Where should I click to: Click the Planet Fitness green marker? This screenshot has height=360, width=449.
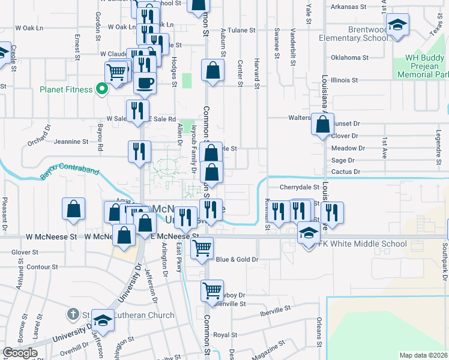pos(102,89)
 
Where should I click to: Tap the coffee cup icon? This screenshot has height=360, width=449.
pos(144,82)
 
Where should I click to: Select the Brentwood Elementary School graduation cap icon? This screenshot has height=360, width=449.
pos(396,26)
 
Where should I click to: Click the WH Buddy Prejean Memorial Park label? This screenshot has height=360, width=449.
pos(418,66)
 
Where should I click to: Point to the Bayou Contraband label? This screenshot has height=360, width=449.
pos(69,172)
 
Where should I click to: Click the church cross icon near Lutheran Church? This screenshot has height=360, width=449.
pos(73,314)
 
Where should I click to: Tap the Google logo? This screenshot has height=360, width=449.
pos(19,353)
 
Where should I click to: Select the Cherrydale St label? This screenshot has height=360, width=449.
pos(298,187)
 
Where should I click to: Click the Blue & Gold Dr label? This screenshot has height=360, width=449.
pos(237,259)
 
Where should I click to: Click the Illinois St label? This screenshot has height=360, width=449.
pos(343,79)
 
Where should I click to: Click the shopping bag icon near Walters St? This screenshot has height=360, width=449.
pos(322,124)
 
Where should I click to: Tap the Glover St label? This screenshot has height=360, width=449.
pos(25,253)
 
